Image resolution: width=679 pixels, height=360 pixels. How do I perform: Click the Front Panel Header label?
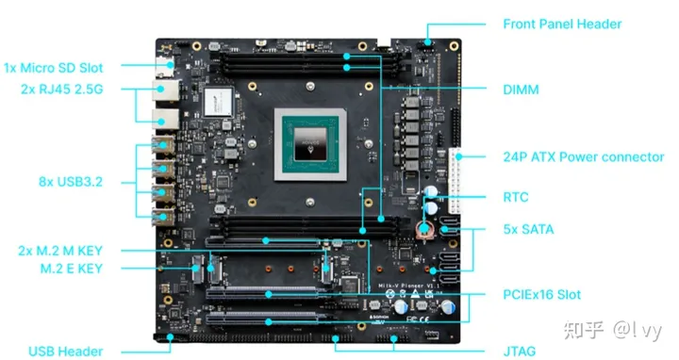[x=562, y=24]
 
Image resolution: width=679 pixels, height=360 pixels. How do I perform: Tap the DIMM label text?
[x=521, y=90]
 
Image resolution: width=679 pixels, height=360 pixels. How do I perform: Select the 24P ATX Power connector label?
[x=584, y=156]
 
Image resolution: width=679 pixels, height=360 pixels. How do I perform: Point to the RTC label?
[x=516, y=197]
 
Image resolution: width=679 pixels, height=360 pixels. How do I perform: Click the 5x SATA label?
[x=528, y=229]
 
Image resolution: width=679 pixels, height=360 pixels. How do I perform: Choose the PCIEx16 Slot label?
[x=541, y=295]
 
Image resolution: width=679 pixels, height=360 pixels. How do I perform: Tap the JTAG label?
[x=520, y=351]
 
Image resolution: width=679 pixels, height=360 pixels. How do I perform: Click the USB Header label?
[x=66, y=351]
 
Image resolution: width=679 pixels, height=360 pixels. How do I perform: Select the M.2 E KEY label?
[x=72, y=269]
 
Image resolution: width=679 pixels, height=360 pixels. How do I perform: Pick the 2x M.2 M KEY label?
[x=60, y=251]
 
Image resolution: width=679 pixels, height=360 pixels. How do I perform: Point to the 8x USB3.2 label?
[x=71, y=182]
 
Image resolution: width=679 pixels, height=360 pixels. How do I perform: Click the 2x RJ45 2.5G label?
[x=62, y=90]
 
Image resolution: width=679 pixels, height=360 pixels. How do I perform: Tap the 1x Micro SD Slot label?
[x=53, y=68]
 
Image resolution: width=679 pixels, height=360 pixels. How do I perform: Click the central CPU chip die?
[x=310, y=144]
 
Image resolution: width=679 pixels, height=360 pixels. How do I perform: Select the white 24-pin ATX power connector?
[x=455, y=181]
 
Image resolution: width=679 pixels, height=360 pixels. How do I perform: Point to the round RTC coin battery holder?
[x=424, y=229]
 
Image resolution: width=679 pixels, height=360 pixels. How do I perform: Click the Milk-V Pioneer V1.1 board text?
[x=408, y=286]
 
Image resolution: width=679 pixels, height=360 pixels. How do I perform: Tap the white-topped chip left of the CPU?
[x=218, y=102]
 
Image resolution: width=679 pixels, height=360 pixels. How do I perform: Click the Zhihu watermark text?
[x=612, y=330]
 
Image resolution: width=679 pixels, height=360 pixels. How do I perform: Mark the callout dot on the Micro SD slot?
[x=171, y=65]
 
